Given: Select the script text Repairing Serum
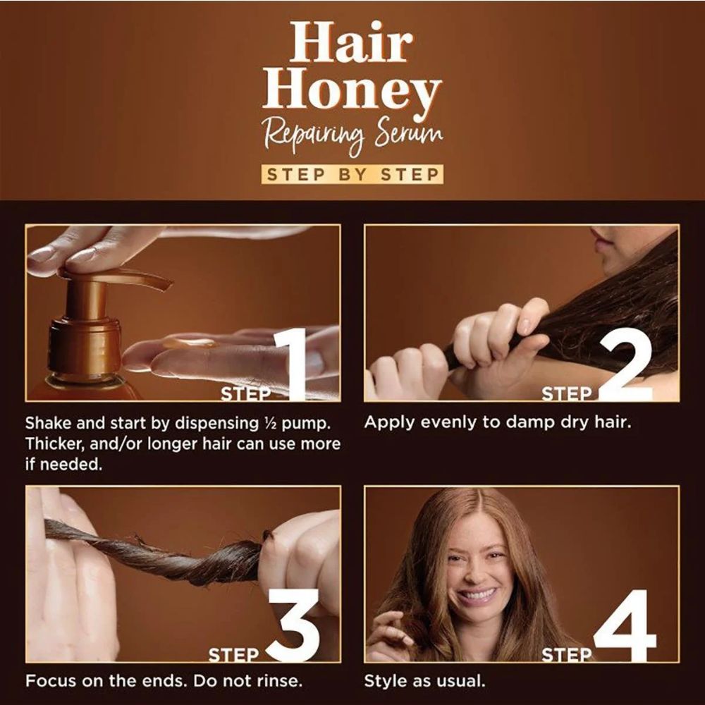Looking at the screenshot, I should pyautogui.click(x=353, y=134).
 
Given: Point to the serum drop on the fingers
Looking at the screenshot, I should pyautogui.click(x=189, y=343).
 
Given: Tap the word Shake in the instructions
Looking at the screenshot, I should pyautogui.click(x=47, y=424).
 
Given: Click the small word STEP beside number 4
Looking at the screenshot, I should pyautogui.click(x=567, y=656).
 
